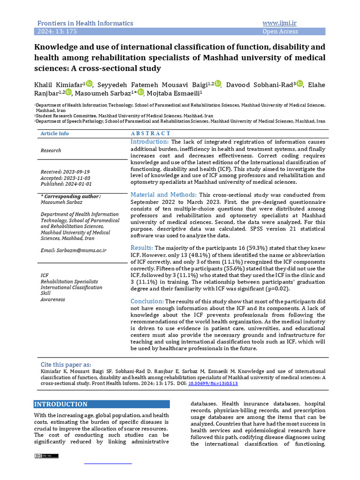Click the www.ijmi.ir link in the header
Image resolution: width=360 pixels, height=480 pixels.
coord(282,23)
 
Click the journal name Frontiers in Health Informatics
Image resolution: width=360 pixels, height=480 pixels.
coord(85,23)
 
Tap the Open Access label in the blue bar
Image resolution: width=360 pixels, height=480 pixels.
coord(280,31)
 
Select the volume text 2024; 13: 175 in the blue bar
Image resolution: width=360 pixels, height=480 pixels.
coord(57,31)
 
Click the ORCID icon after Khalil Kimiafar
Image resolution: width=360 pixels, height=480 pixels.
coord(90,83)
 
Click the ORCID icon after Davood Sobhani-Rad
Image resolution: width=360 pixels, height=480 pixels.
coord(300,83)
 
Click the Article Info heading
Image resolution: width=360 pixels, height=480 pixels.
coord(54,134)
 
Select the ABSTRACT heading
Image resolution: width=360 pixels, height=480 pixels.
coord(150,134)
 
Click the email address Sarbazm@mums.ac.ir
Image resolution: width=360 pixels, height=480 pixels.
coord(73,250)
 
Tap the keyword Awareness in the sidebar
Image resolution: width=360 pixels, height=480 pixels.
coord(52,300)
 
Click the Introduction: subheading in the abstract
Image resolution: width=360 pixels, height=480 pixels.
coord(150,142)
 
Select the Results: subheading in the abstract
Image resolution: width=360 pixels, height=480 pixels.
coord(142,247)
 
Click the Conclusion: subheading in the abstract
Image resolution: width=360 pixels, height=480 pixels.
coord(147,301)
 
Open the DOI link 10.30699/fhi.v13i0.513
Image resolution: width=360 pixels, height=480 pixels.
coord(213,383)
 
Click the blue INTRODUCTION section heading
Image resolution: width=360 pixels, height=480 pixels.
coord(61,404)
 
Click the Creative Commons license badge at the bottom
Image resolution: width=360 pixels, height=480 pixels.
coord(46,456)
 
